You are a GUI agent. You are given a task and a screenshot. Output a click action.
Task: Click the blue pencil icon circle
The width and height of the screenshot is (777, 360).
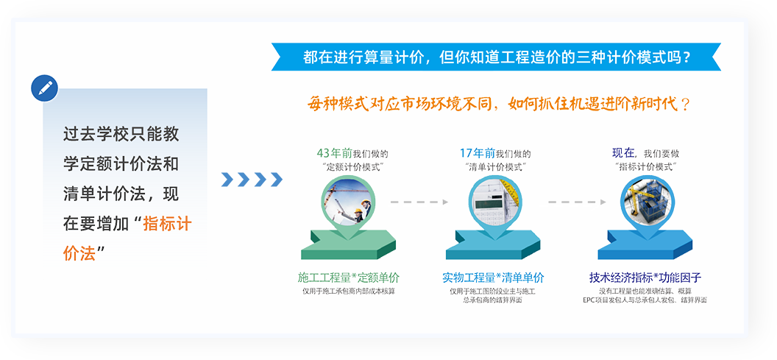(x=45, y=89)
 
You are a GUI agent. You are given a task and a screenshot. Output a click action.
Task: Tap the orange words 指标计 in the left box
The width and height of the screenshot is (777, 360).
(x=167, y=224)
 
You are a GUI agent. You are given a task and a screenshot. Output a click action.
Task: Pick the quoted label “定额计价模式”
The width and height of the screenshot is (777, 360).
(x=352, y=166)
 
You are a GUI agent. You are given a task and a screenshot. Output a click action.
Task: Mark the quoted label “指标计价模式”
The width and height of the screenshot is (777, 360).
(x=646, y=166)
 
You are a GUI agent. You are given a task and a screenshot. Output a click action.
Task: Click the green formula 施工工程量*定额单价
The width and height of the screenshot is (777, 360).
(x=349, y=278)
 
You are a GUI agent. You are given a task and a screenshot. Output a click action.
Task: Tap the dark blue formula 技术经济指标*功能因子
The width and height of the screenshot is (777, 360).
(x=645, y=278)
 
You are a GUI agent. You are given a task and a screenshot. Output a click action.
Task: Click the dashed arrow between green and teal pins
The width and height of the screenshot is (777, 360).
(x=419, y=202)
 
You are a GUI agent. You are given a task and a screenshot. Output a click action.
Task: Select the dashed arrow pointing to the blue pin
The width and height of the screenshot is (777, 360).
(x=577, y=202)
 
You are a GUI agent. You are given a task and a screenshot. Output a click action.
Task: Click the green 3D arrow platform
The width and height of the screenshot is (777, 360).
(x=348, y=244)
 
